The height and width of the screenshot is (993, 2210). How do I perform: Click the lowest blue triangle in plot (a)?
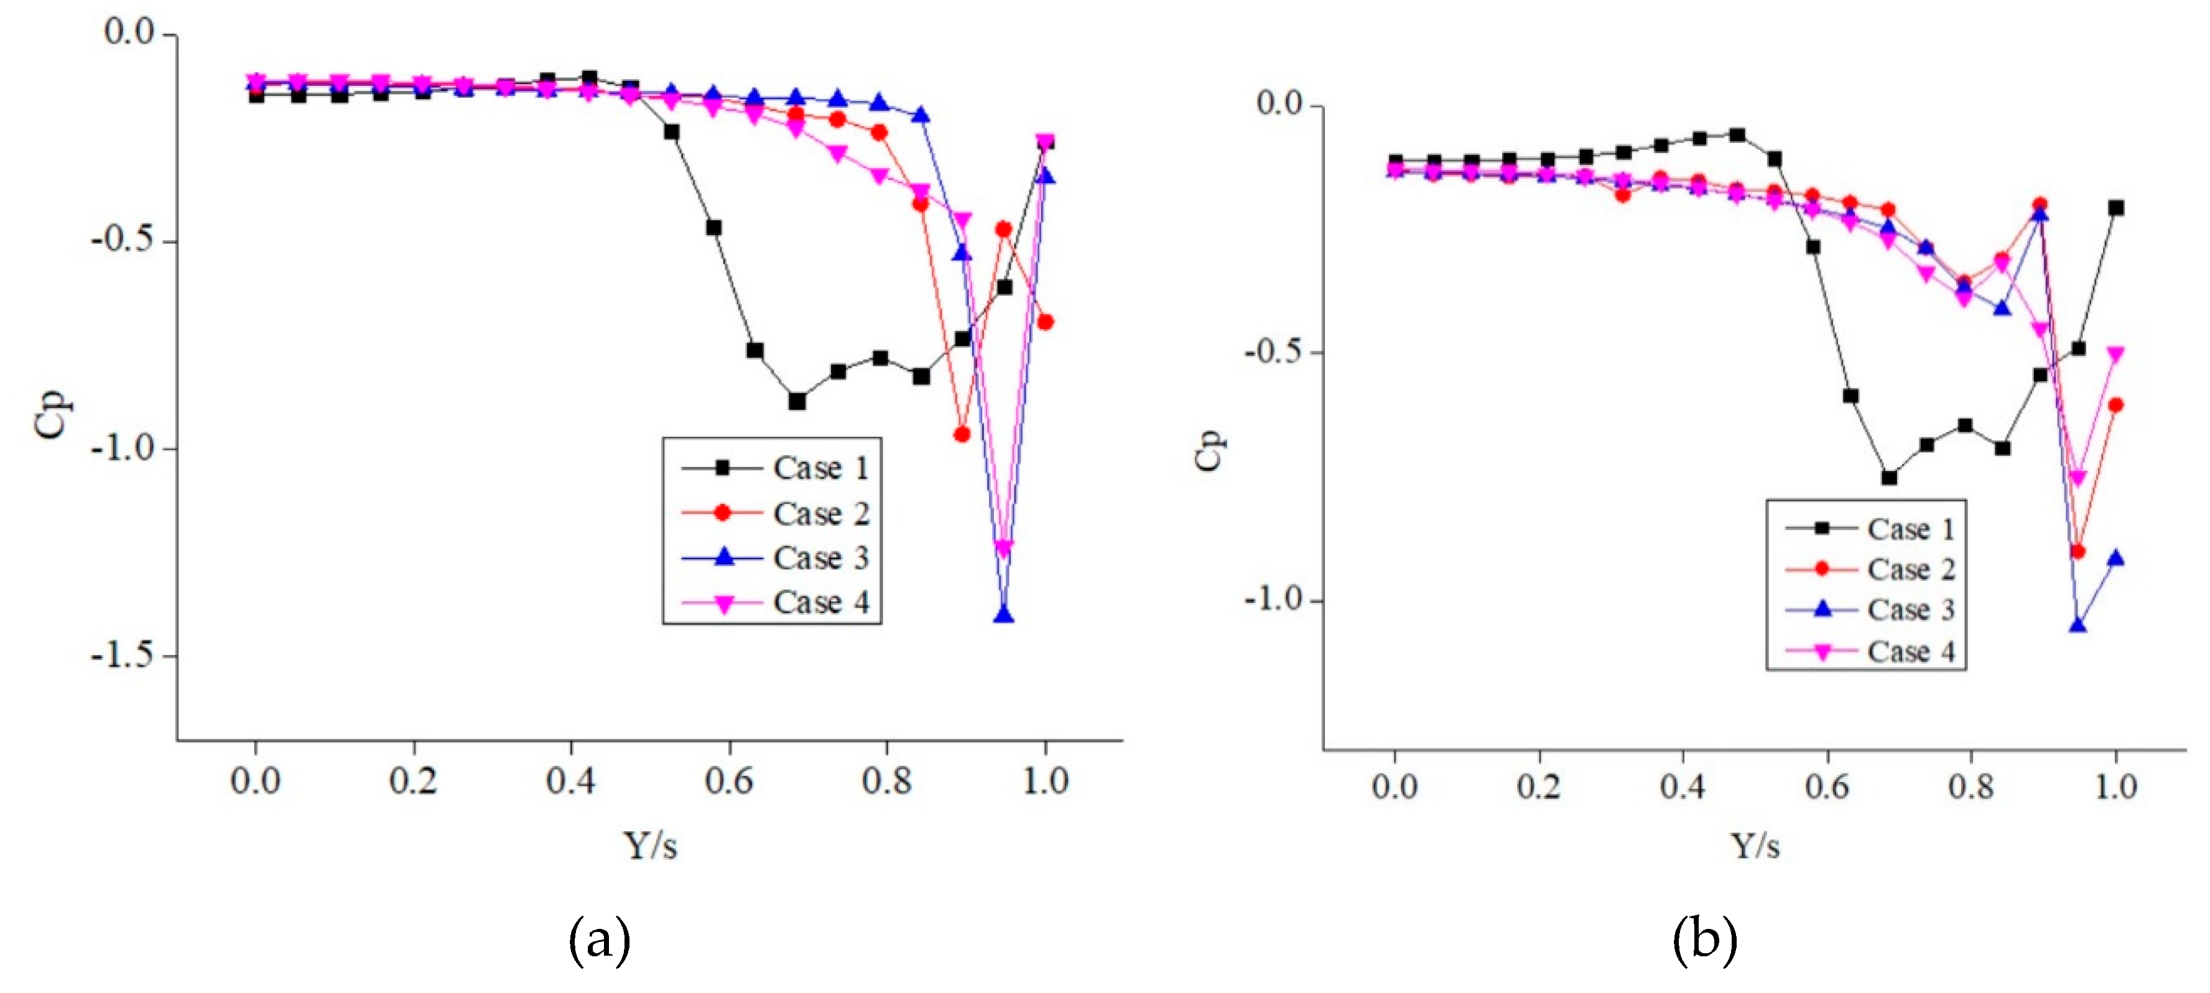pos(1003,615)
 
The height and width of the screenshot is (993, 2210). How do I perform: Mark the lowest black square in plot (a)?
pos(797,401)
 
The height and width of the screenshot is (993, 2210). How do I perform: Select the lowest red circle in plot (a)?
pos(962,434)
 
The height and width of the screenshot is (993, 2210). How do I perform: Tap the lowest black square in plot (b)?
pos(1888,477)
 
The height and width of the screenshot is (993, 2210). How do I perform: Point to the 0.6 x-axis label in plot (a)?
pos(728,781)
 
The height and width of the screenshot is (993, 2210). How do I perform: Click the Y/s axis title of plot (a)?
pos(649,846)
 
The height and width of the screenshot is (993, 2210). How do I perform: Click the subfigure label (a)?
pos(599,939)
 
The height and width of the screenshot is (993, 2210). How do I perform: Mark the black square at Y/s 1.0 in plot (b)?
pos(2115,208)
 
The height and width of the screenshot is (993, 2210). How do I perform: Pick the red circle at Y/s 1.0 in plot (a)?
pos(1045,322)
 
